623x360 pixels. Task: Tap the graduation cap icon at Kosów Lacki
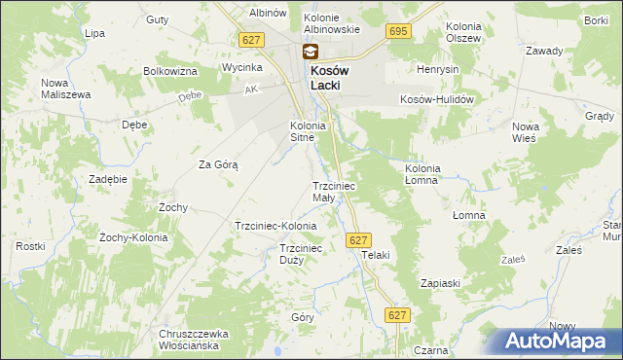click(310, 53)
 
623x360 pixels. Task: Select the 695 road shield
click(397, 32)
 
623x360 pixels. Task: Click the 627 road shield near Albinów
click(251, 39)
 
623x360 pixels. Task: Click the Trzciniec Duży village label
click(301, 254)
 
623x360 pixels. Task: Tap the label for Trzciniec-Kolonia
click(275, 226)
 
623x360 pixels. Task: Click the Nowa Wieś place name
click(526, 133)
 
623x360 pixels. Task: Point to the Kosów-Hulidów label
click(436, 99)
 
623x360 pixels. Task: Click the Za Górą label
click(219, 164)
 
